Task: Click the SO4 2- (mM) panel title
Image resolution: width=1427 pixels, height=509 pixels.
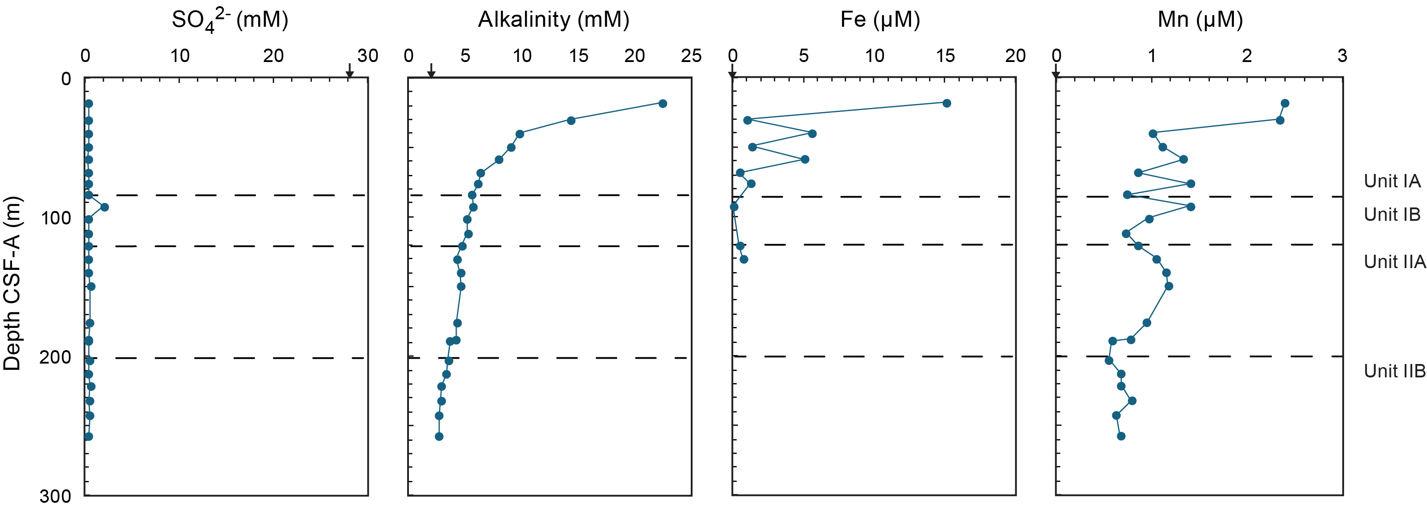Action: pyautogui.click(x=230, y=21)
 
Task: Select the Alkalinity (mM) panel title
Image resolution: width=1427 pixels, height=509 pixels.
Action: pyautogui.click(x=553, y=20)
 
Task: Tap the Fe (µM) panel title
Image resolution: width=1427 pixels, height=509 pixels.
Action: pyautogui.click(x=880, y=20)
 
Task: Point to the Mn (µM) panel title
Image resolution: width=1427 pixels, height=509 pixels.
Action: pyautogui.click(x=1200, y=20)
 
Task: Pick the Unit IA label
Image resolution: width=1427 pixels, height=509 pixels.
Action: pyautogui.click(x=1391, y=181)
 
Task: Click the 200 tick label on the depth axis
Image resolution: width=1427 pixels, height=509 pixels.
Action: pyautogui.click(x=55, y=357)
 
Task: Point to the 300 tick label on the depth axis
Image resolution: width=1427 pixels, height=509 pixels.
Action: pyautogui.click(x=55, y=496)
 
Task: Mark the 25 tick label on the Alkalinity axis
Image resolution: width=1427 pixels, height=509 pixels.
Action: pyautogui.click(x=691, y=55)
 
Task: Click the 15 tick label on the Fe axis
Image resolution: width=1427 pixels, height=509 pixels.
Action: pyautogui.click(x=945, y=55)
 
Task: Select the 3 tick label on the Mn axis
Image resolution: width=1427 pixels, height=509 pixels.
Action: pyautogui.click(x=1342, y=55)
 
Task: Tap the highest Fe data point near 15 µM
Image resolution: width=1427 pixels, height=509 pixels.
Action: pyautogui.click(x=947, y=103)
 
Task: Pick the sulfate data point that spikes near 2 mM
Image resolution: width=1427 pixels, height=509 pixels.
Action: pyautogui.click(x=104, y=207)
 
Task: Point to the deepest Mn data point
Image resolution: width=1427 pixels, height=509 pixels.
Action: pyautogui.click(x=1121, y=436)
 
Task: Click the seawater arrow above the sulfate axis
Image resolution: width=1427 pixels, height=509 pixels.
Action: pyautogui.click(x=350, y=71)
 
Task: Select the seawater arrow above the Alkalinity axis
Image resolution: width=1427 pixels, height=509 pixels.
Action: pyautogui.click(x=431, y=71)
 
